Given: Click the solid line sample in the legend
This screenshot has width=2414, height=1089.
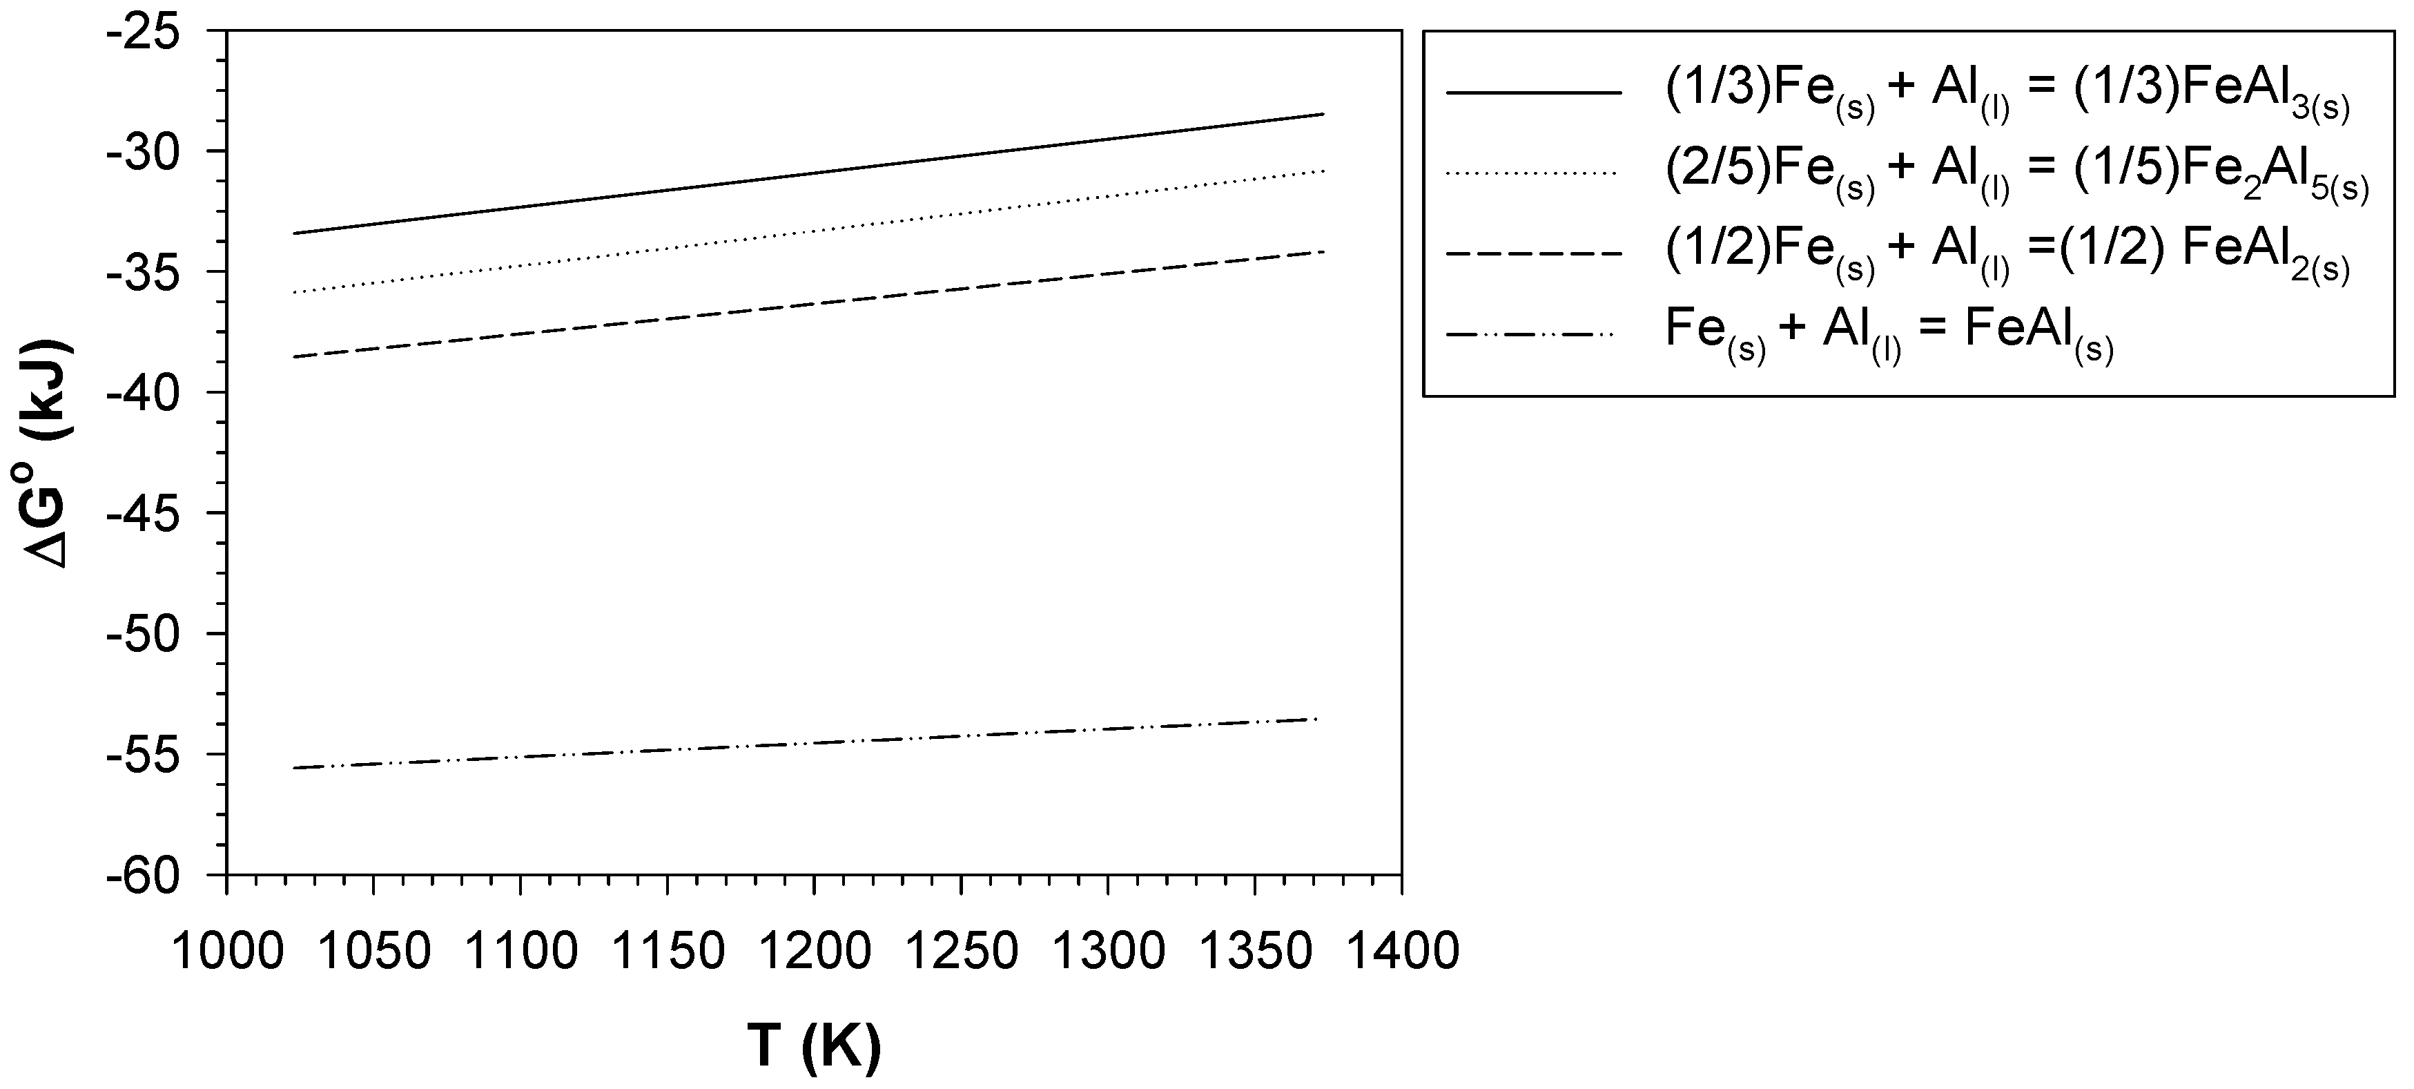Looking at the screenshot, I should (x=1533, y=93).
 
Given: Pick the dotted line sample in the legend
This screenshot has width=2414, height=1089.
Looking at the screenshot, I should (x=1533, y=173).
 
